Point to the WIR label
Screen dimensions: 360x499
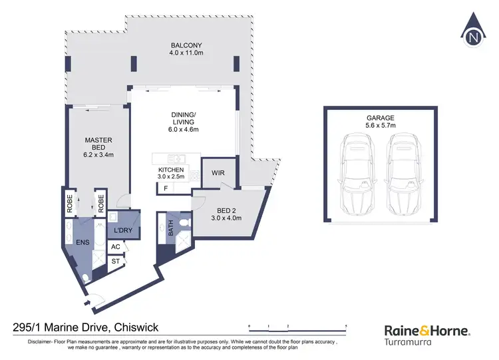(x=218, y=173)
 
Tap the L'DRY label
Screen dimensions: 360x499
(x=124, y=230)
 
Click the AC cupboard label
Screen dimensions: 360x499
(x=116, y=247)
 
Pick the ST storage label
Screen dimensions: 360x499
(x=116, y=261)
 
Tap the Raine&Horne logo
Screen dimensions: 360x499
(x=428, y=331)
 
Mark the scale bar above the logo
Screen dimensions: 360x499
(x=297, y=325)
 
